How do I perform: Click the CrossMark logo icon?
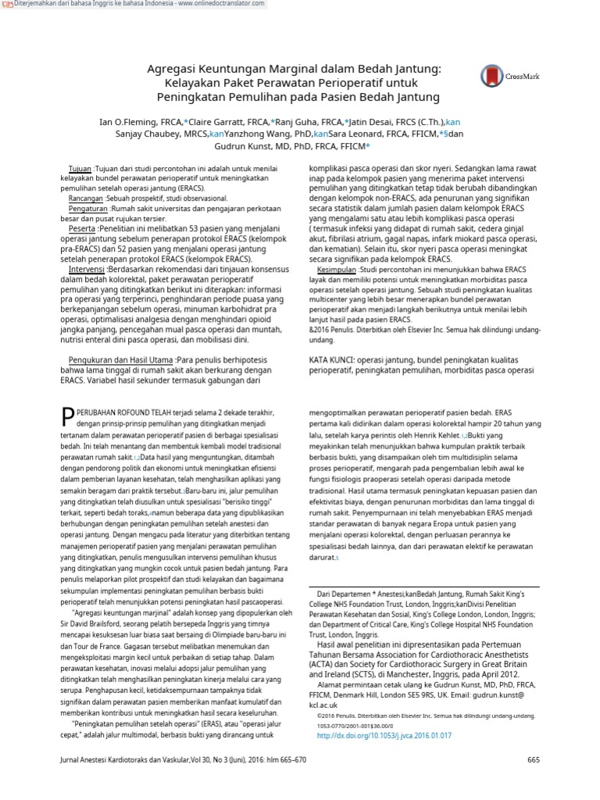[491, 76]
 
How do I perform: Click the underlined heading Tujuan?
[80, 169]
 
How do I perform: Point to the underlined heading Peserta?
[81, 230]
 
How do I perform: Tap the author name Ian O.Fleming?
[127, 122]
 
